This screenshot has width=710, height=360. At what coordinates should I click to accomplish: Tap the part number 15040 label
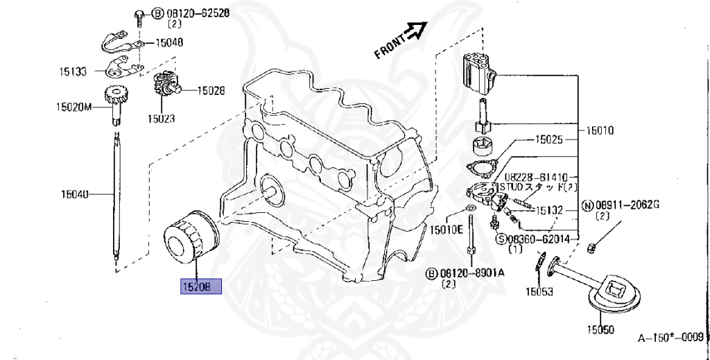76,195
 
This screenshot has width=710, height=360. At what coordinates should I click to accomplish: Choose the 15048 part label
169,42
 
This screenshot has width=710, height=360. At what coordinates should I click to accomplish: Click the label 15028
211,89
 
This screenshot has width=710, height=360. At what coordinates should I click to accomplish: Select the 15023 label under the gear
160,119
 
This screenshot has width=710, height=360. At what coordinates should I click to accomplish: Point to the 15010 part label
600,130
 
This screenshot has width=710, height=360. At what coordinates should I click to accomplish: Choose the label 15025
550,139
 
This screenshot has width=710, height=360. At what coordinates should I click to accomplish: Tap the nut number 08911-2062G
628,205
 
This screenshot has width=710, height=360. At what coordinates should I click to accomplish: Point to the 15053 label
538,291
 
